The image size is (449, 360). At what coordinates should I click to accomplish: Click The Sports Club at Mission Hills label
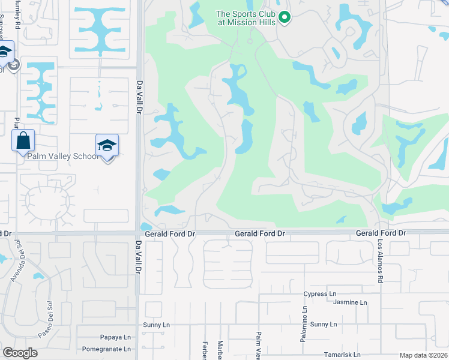pyautogui.click(x=246, y=18)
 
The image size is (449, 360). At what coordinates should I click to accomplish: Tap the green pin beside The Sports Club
pyautogui.click(x=285, y=18)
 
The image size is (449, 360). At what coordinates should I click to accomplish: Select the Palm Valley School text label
pyautogui.click(x=62, y=157)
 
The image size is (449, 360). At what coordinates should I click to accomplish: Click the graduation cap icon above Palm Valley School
pyautogui.click(x=107, y=145)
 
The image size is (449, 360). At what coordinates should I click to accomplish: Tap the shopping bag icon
pyautogui.click(x=23, y=141)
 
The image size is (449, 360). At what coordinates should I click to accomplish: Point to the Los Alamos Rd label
pyautogui.click(x=380, y=262)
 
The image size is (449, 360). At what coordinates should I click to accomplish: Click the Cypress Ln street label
pyautogui.click(x=320, y=294)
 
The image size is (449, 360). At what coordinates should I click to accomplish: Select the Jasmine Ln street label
pyautogui.click(x=350, y=303)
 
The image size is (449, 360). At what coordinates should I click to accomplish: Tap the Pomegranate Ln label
pyautogui.click(x=106, y=349)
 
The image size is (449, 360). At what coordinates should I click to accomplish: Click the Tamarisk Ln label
pyautogui.click(x=341, y=355)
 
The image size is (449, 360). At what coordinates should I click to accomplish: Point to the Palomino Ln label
pyautogui.click(x=304, y=325)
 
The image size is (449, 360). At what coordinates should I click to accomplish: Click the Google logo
pyautogui.click(x=20, y=353)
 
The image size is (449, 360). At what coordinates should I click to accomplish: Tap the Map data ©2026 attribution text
pyautogui.click(x=423, y=355)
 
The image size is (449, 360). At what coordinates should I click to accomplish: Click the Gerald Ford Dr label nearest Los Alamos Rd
pyautogui.click(x=381, y=233)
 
